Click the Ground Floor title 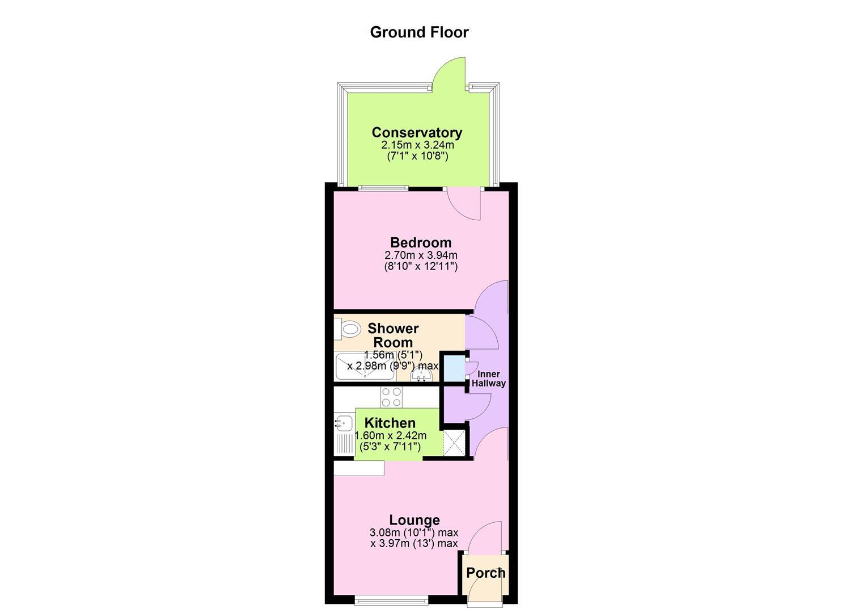tap(419, 32)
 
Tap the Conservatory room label tap(417, 132)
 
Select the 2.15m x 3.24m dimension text tap(418, 145)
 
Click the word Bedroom tap(421, 242)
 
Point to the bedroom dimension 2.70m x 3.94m tap(421, 255)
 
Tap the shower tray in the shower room tap(365, 366)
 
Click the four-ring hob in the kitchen tap(391, 397)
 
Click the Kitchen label tap(390, 423)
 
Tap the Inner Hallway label tap(489, 379)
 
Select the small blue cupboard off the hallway tap(454, 368)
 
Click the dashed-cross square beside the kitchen tap(454, 444)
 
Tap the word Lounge tap(414, 520)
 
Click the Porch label tap(486, 573)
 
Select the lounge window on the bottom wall tap(391, 601)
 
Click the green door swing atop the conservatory tap(450, 72)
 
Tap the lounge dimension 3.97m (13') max tap(414, 543)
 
